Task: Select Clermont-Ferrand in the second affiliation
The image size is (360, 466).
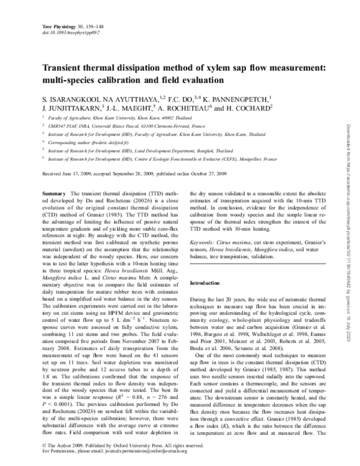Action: pos(163,127)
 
